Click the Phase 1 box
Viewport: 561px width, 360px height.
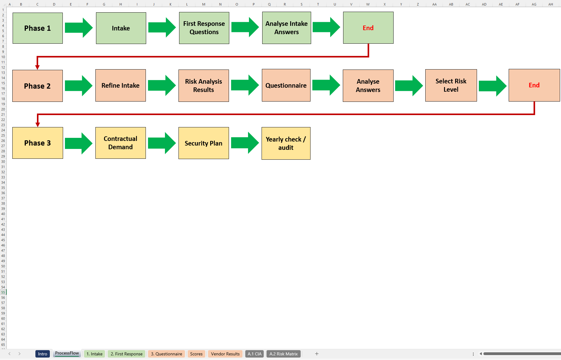(38, 28)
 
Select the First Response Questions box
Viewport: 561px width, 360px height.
(204, 28)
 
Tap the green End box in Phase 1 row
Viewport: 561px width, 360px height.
(368, 28)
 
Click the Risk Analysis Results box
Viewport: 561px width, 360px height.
(203, 86)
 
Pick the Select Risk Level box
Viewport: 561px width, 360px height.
(451, 85)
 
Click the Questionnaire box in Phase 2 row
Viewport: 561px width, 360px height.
(286, 85)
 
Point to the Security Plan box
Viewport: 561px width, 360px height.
(203, 143)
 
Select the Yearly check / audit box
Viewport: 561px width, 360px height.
(286, 143)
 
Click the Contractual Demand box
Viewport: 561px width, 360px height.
(120, 143)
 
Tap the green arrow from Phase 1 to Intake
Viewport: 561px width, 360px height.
(79, 28)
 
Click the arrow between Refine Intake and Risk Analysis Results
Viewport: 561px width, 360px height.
(162, 85)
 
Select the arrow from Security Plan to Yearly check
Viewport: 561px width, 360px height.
(245, 143)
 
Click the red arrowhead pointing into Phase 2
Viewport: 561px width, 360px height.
(38, 67)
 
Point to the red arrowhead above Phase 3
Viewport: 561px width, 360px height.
(38, 124)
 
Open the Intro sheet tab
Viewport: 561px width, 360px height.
(42, 354)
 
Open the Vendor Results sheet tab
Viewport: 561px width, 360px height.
(225, 354)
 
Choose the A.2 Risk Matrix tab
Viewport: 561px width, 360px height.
(283, 354)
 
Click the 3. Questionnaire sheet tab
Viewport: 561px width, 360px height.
(166, 354)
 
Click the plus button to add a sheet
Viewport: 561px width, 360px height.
(317, 354)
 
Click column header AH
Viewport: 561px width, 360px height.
(551, 4)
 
